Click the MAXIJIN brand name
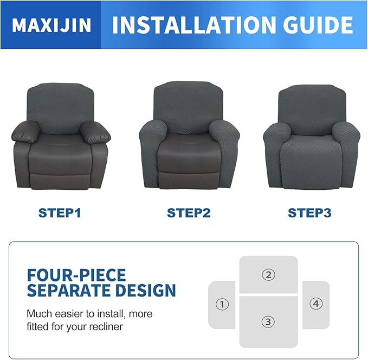(51, 25)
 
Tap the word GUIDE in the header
(316, 25)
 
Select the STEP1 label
(60, 213)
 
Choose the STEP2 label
(189, 213)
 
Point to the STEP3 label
(309, 213)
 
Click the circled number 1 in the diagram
(222, 304)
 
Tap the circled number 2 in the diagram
(268, 275)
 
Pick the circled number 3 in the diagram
(268, 322)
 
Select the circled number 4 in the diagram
(316, 304)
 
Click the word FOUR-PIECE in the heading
(76, 274)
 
